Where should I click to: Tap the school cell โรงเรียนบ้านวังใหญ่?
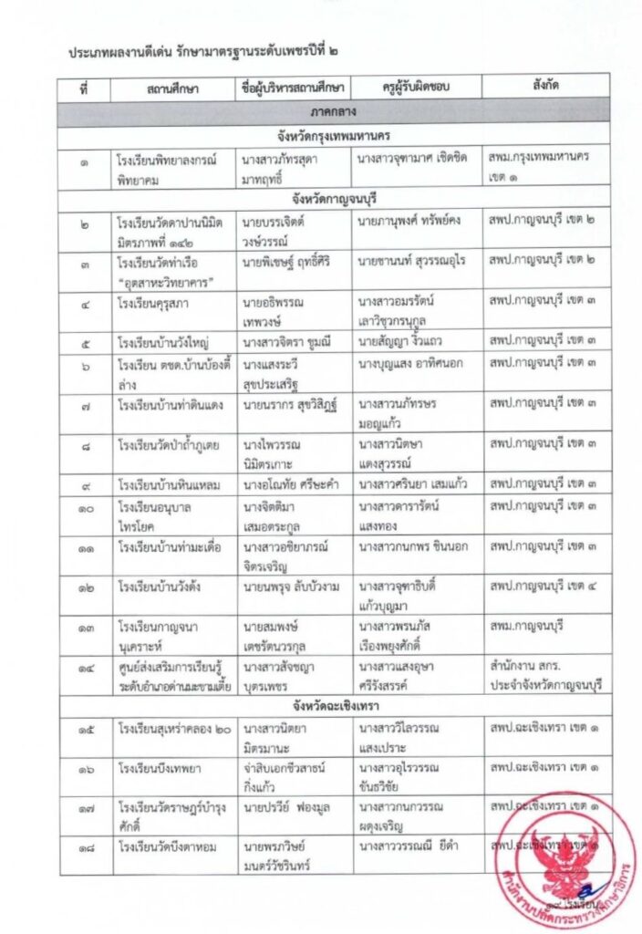(x=163, y=342)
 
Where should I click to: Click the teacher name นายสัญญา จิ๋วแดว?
(x=402, y=342)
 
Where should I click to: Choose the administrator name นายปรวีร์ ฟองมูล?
(x=285, y=806)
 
